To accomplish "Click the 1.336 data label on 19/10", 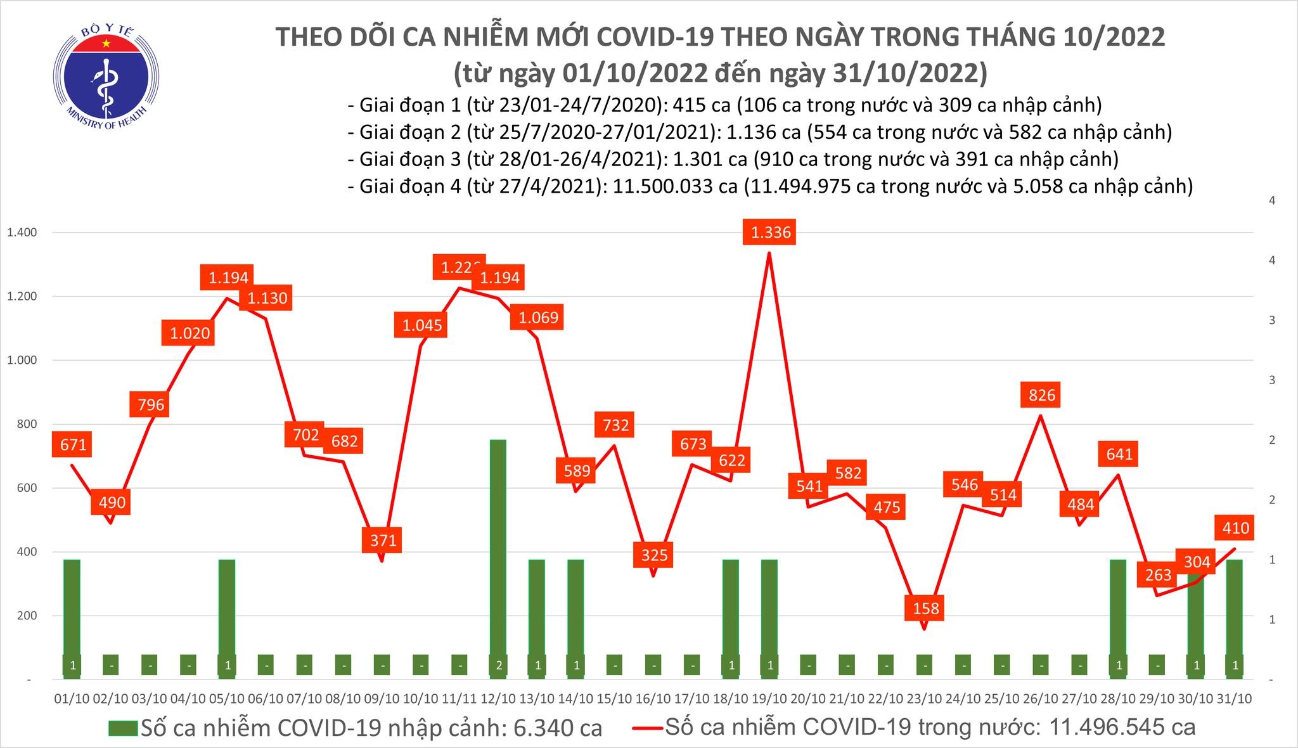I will pos(771,232).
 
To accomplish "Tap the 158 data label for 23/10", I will pos(926,608).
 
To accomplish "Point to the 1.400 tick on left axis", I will pos(22,233).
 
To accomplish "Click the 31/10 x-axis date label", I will pos(1234,699).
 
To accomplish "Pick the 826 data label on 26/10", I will pos(1042,395).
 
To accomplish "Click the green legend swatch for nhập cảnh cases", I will pos(122,728).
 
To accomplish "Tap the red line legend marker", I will pos(647,728).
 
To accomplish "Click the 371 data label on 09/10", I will pos(383,540).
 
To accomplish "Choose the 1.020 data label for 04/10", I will pos(190,333).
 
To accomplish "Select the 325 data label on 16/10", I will pos(654,555).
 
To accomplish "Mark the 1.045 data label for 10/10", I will pos(422,325).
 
